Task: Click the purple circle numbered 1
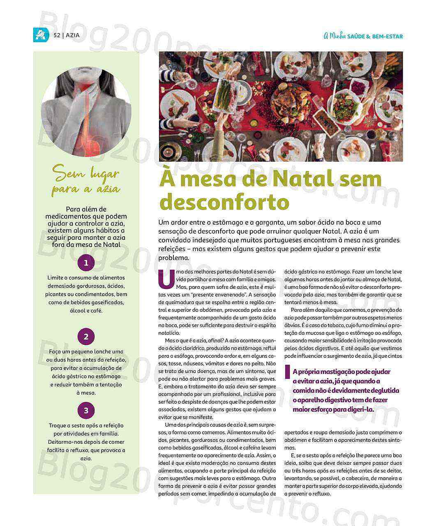pos(86,263)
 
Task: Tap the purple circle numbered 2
pos(86,337)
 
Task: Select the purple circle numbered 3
pos(86,410)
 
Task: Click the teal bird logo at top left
pos(41,35)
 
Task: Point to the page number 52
pos(57,35)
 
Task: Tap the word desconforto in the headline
pos(224,202)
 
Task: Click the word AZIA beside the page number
pos(73,35)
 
